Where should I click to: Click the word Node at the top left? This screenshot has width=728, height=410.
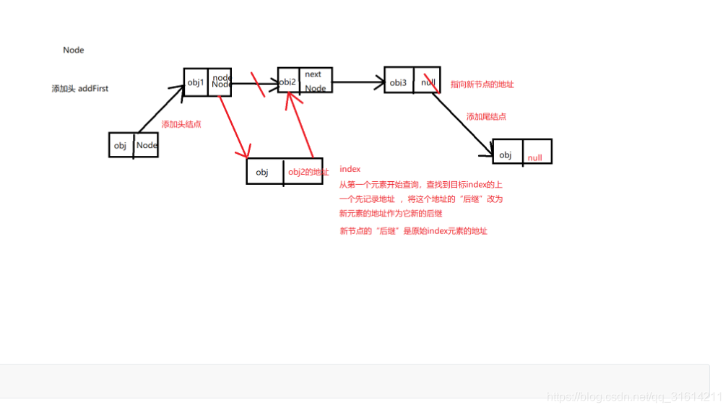74,50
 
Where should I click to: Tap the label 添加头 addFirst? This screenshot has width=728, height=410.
79,89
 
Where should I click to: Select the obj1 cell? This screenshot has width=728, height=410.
196,82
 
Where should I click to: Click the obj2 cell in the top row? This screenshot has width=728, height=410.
288,82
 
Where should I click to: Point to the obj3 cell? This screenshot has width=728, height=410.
399,82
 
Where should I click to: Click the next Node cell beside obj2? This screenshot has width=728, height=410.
315,81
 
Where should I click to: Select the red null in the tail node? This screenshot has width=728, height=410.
534,157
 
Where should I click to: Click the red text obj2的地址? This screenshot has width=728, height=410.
308,172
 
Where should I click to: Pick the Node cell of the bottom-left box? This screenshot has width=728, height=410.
147,145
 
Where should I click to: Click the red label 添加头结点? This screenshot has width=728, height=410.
181,124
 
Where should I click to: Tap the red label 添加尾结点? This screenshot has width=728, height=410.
486,116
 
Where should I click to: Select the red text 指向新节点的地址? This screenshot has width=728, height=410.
482,84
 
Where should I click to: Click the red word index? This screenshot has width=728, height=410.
350,169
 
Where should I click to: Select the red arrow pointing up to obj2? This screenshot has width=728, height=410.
300,126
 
